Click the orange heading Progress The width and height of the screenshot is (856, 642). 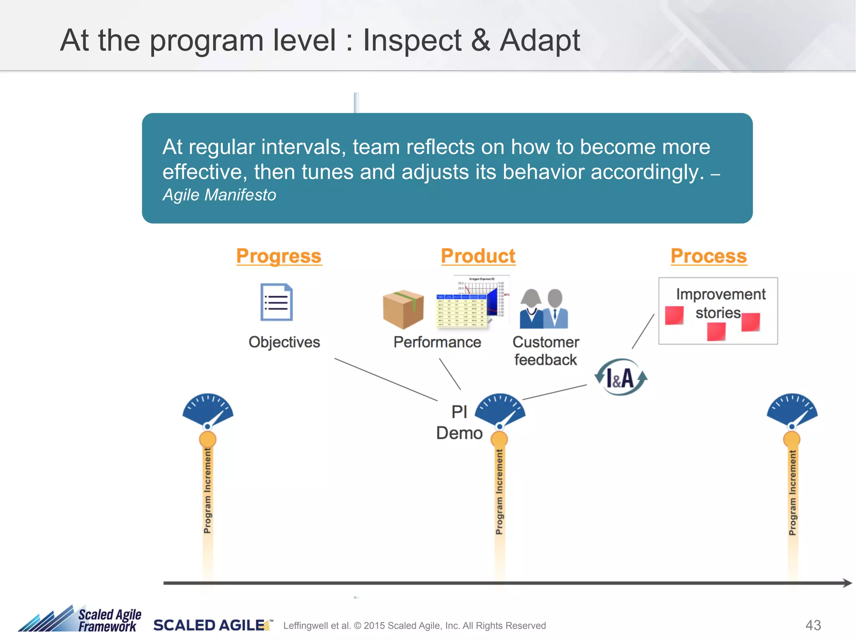point(279,256)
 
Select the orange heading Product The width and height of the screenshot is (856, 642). point(478,256)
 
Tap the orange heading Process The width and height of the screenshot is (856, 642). point(708,256)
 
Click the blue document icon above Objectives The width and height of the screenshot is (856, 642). point(276,302)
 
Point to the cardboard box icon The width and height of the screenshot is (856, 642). point(403,309)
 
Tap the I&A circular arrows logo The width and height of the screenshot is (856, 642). point(621,377)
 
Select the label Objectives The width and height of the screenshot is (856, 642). point(284,342)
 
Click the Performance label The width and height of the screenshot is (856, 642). point(437,342)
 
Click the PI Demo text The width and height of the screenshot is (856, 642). point(459,423)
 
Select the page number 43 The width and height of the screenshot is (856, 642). point(813,625)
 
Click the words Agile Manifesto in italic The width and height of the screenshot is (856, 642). point(219,195)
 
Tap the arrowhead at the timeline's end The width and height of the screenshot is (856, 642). point(847,583)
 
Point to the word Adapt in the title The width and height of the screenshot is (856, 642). point(540,41)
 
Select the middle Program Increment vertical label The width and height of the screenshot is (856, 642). point(499,492)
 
